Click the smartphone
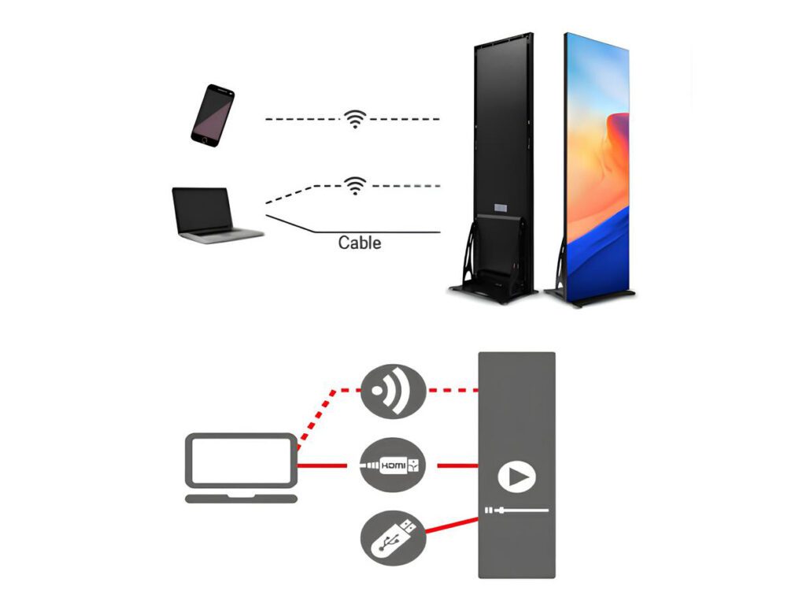[x=213, y=113]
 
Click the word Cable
[x=360, y=243]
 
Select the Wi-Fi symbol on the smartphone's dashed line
[x=356, y=119]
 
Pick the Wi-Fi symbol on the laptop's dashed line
[x=356, y=185]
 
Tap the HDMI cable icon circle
[x=393, y=466]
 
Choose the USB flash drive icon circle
[x=393, y=540]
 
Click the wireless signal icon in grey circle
[x=393, y=391]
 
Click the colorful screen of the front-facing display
[x=597, y=158]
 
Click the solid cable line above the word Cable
[x=378, y=232]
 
